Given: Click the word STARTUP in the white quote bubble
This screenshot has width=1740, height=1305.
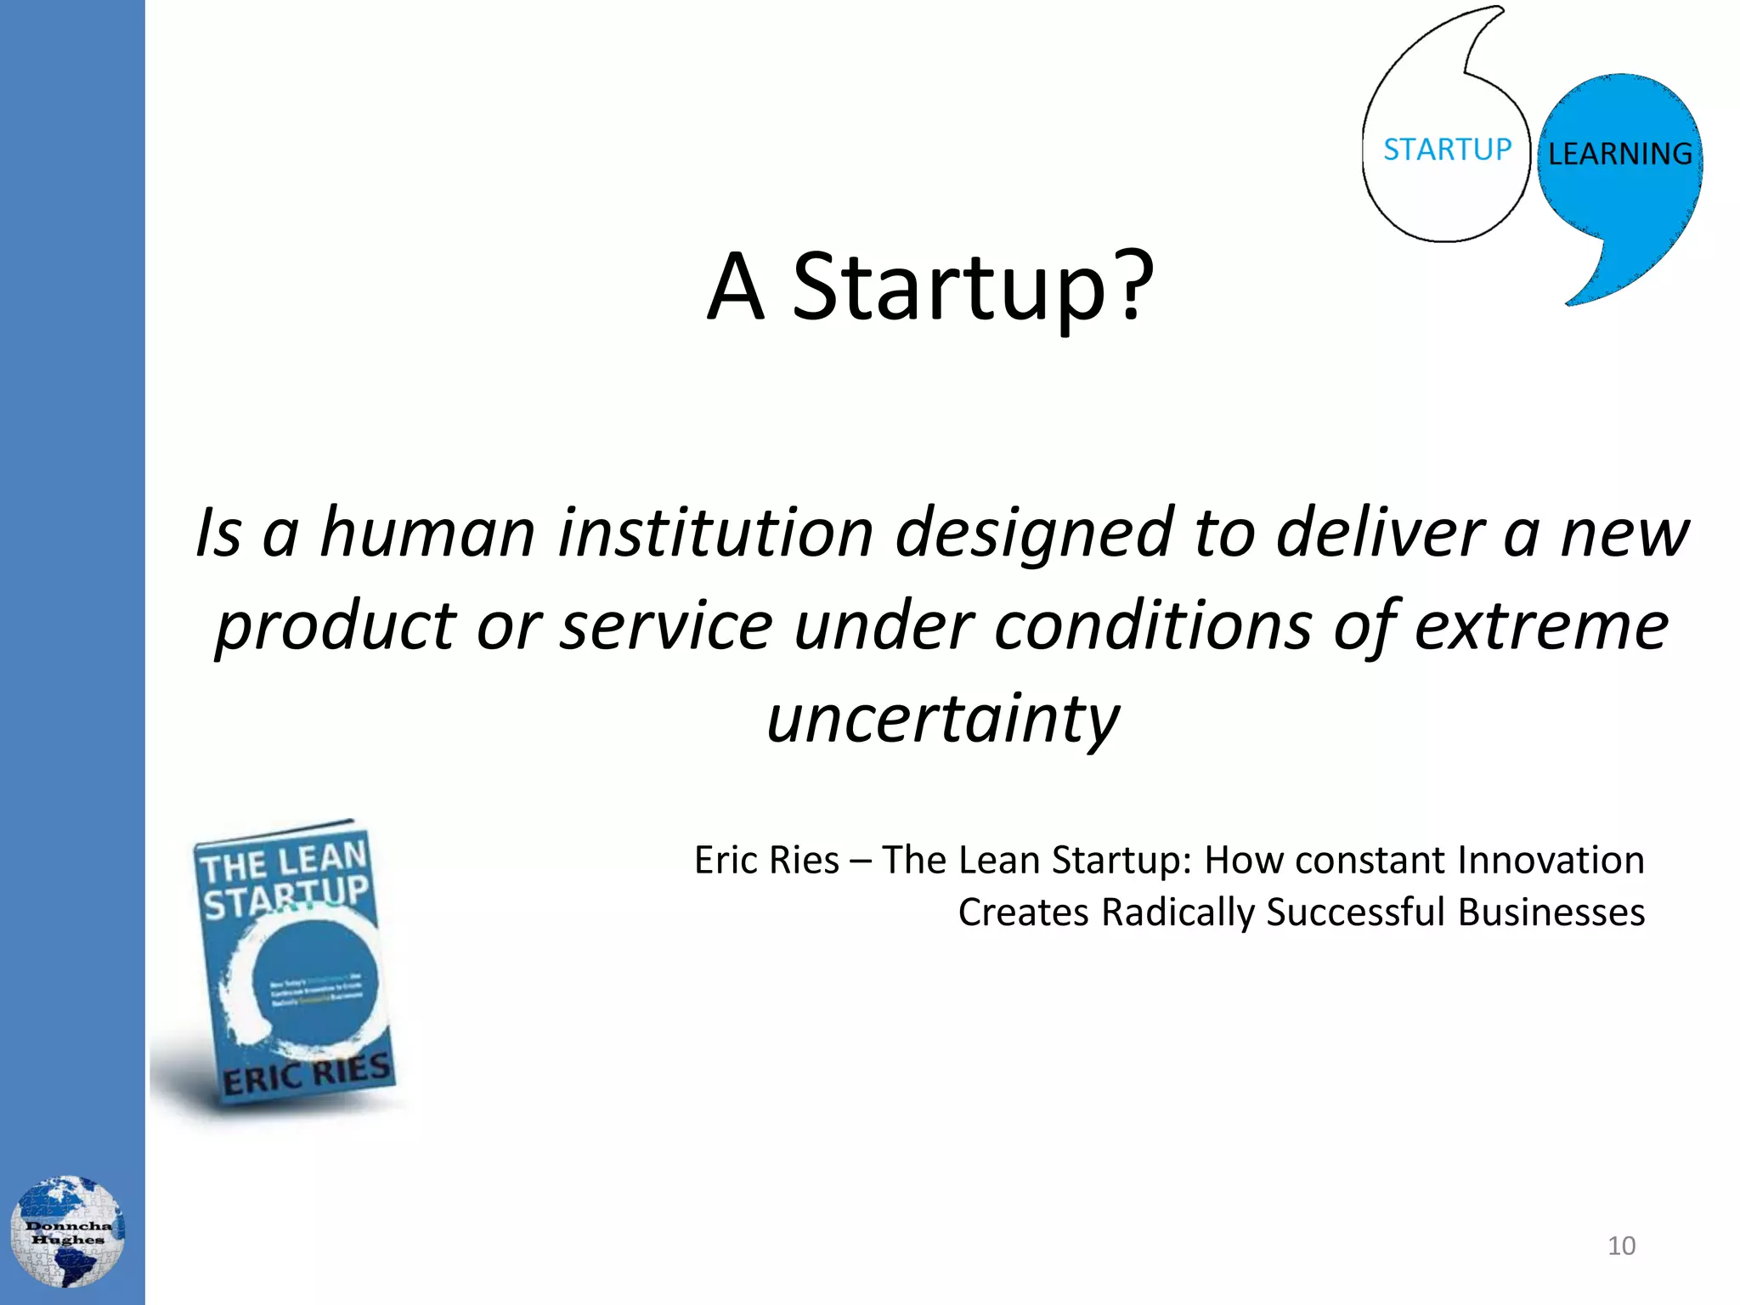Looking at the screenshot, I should [1447, 150].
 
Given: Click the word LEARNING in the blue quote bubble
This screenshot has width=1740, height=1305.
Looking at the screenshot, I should [1619, 154].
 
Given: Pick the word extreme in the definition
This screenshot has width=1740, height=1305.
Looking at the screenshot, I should [1540, 626].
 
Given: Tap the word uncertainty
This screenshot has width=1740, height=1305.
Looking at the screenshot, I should [942, 719].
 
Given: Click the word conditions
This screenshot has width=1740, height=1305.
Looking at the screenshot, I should [1153, 626].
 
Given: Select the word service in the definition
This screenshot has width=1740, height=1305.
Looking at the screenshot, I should [666, 626].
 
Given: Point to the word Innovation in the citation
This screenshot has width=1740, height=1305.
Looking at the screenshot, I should [1551, 860].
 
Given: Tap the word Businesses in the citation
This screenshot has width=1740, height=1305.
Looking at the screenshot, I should [1551, 912].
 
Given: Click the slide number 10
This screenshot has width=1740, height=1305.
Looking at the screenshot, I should [1621, 1246].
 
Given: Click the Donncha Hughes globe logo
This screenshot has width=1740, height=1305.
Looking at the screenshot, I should [67, 1231].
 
